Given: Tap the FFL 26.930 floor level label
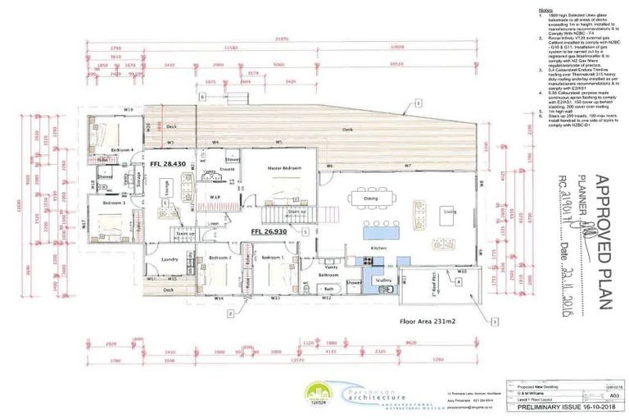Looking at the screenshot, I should tap(269, 232).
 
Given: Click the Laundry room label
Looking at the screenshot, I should tap(170, 259).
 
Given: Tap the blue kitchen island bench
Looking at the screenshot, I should tap(379, 233).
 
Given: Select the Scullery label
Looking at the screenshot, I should tap(385, 281).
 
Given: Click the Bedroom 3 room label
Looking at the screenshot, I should tap(115, 201).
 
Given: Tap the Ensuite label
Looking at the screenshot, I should tap(227, 169).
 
